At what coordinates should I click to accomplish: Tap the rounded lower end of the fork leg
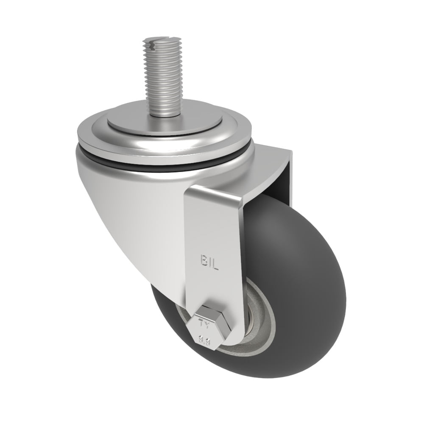coord(229,339)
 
